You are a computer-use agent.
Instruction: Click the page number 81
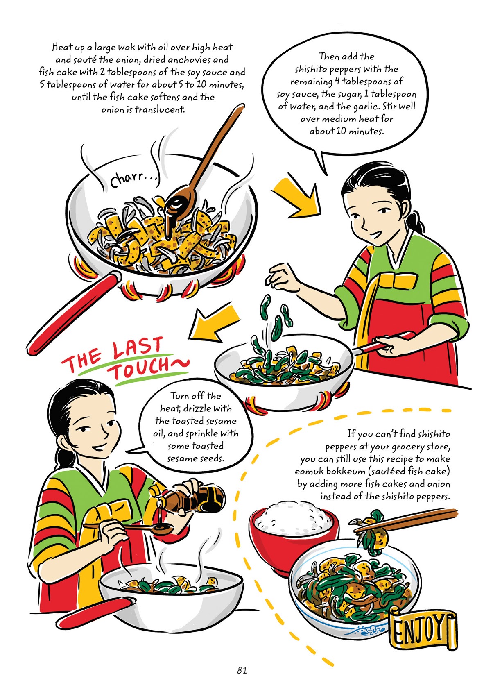[242, 670]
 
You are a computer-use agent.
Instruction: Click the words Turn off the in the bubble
[195, 396]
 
